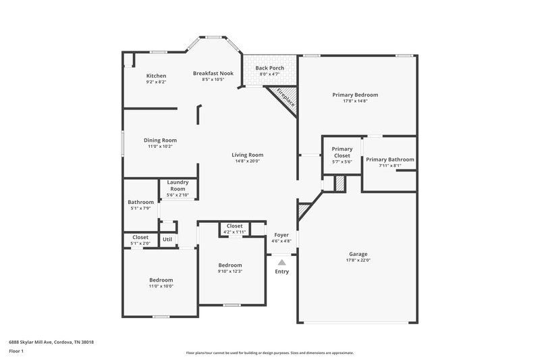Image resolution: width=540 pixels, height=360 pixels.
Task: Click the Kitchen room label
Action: [x=156, y=76]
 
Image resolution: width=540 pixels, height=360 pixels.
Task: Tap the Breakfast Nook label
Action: [x=213, y=73]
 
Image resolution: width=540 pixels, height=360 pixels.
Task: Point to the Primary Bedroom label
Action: [x=355, y=95]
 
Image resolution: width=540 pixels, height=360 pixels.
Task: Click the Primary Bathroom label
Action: [x=390, y=159]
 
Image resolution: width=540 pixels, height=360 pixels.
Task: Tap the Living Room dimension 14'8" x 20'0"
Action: [x=247, y=161]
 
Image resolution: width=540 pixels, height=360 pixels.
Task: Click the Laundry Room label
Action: [x=178, y=184]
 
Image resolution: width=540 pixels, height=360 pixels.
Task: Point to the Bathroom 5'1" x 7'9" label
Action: [x=141, y=202]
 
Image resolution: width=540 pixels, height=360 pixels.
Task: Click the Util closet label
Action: [x=167, y=239]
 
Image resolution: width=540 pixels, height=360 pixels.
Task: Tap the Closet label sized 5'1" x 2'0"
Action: [x=140, y=237]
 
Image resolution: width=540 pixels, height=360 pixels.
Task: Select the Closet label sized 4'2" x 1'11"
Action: [x=234, y=226]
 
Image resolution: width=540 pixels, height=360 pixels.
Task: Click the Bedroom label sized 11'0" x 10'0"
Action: [x=161, y=280]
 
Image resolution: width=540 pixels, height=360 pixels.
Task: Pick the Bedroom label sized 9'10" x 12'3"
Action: [x=230, y=265]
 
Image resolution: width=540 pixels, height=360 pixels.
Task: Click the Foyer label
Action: [x=281, y=234]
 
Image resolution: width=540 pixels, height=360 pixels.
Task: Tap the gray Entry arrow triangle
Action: [x=281, y=261]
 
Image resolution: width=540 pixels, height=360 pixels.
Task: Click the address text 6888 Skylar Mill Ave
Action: [x=51, y=342]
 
